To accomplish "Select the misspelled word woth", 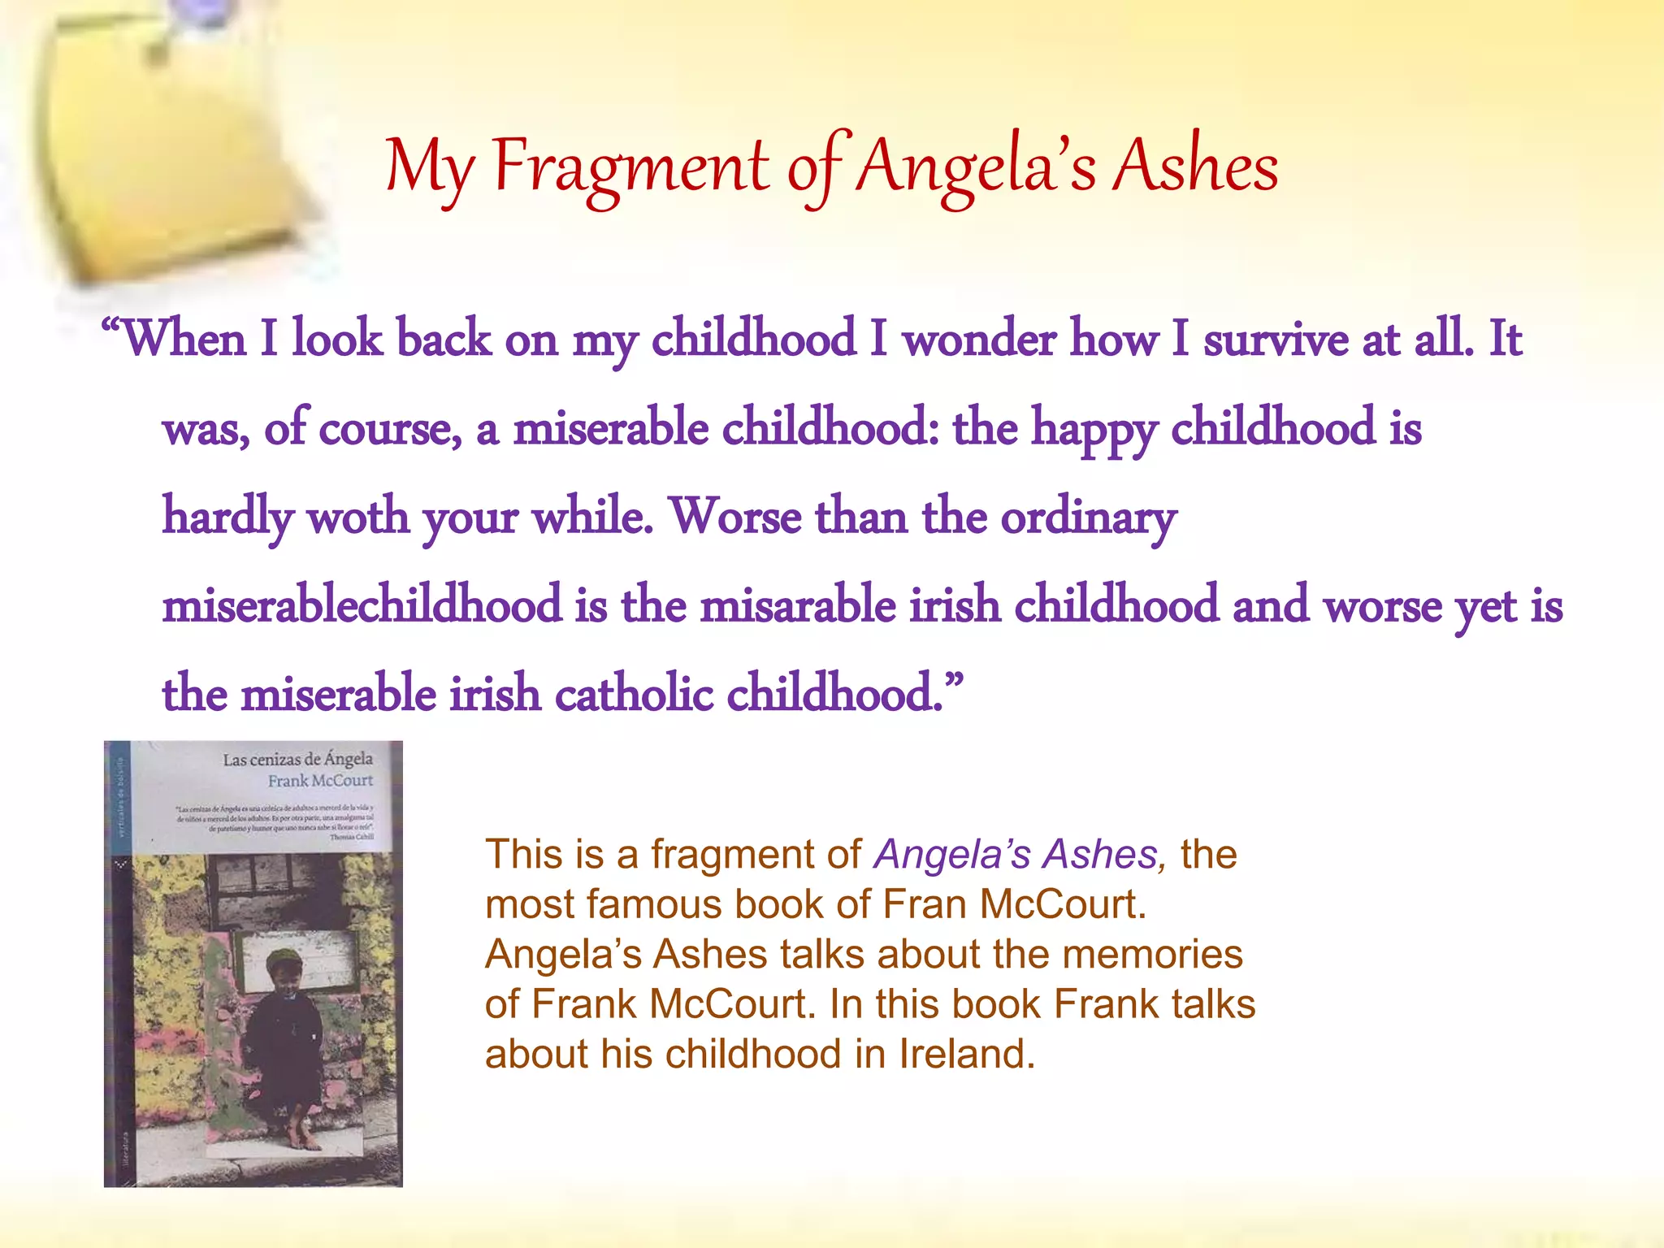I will pos(358,517).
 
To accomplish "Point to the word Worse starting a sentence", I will pos(736,517).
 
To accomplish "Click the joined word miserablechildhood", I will pos(362,605).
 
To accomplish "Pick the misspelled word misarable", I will pos(798,605).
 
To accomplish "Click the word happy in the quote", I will pos(1094,429).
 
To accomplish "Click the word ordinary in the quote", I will pos(1088,518).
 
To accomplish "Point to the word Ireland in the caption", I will pos(966,1054).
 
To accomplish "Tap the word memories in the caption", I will pos(1152,954).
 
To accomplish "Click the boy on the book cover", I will pos(284,1032).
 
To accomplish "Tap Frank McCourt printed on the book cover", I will pos(320,781).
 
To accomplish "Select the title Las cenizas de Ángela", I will pos(297,760).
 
